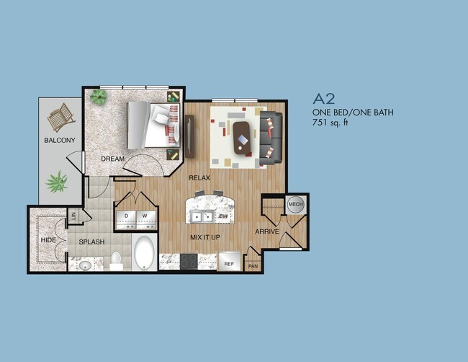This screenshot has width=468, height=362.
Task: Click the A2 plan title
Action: tap(325, 99)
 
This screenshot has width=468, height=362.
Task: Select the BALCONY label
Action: tap(59, 140)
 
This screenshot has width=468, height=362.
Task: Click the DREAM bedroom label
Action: tap(113, 159)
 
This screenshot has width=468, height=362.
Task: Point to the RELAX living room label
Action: tap(199, 177)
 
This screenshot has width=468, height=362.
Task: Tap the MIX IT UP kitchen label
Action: tap(205, 236)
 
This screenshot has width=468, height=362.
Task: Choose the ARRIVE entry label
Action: tap(267, 231)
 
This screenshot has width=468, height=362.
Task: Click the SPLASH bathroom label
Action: tap(92, 242)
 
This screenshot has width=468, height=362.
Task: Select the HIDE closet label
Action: tap(48, 240)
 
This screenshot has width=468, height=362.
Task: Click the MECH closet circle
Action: tap(295, 205)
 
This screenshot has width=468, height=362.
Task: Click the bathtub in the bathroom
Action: tap(144, 254)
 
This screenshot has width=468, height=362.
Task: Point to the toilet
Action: tap(116, 260)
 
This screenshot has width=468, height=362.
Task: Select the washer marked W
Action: tap(145, 216)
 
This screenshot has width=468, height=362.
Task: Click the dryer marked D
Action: tap(126, 216)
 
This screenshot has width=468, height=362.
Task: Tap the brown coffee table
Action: tap(242, 136)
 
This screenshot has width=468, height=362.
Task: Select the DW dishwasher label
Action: tap(223, 216)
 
